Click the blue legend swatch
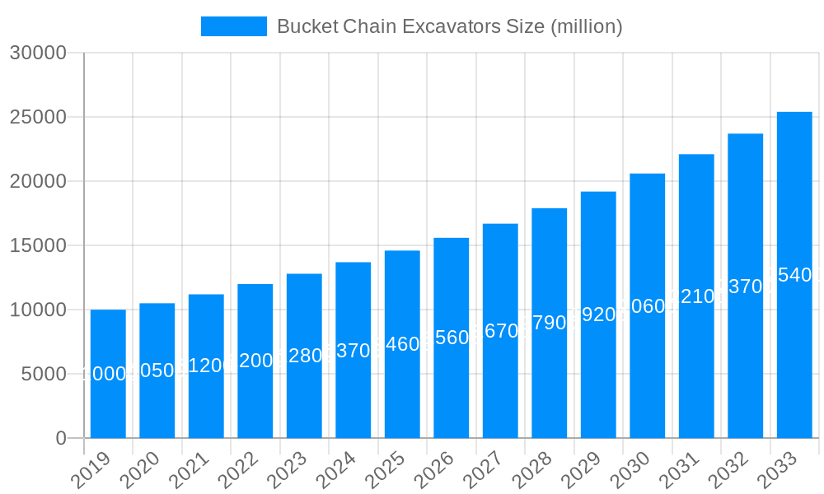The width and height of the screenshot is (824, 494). (234, 26)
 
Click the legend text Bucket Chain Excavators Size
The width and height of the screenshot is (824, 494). (449, 26)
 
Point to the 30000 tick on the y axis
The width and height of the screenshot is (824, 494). (38, 53)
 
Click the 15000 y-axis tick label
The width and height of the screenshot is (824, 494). (38, 245)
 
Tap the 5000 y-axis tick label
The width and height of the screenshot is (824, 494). (43, 374)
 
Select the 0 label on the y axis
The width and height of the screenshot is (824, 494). (61, 438)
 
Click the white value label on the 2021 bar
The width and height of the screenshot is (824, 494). (206, 366)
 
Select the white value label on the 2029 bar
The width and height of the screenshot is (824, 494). (598, 315)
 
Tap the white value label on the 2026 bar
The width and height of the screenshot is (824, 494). (452, 338)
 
